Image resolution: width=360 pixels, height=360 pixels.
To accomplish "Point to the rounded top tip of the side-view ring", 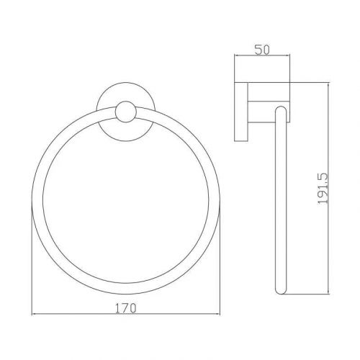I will (282, 107).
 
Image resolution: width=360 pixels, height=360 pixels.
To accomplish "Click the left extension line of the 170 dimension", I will (33, 259).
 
